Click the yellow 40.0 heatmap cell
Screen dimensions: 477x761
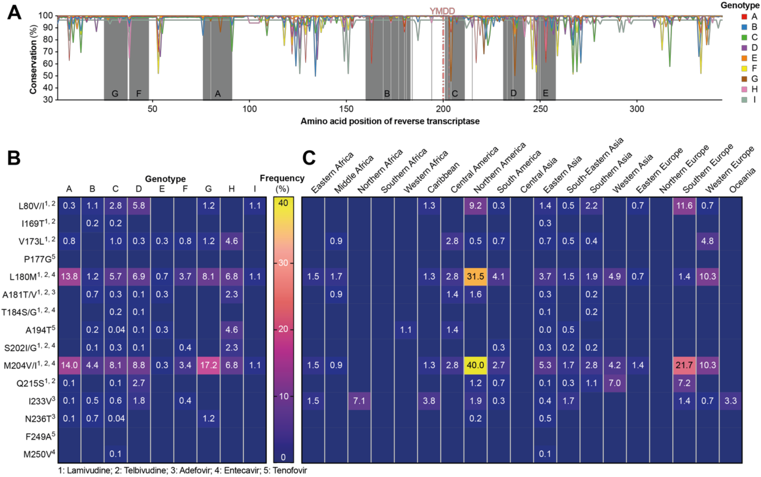click(x=475, y=365)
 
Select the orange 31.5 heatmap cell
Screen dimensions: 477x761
click(x=475, y=276)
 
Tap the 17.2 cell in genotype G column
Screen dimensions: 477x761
click(x=208, y=365)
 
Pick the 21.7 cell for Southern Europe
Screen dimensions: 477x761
click(x=684, y=365)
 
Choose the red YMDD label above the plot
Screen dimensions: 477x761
click(x=442, y=11)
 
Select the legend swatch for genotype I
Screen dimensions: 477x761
click(x=744, y=100)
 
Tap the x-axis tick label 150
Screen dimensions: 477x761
click(x=346, y=109)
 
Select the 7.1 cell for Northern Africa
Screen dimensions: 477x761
click(x=359, y=401)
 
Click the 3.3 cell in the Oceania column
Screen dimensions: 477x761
click(x=730, y=401)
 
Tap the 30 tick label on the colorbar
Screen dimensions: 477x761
click(x=283, y=263)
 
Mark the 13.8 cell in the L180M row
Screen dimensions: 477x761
click(x=69, y=276)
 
